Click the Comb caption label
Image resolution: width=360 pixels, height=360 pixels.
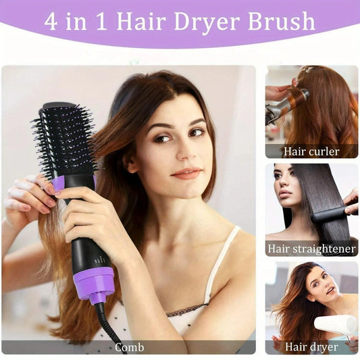pos(128,347)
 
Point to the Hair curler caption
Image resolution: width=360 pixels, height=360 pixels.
pos(311,151)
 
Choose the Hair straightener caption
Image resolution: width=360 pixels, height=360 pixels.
pos(311,249)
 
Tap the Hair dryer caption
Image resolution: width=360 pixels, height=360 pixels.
pos(311,347)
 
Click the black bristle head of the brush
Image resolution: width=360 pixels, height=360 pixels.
pos(65,138)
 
